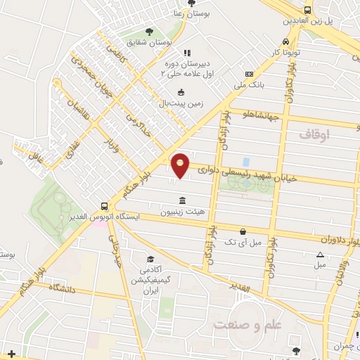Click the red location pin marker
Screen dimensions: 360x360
(x=181, y=165)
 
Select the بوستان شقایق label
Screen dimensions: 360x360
(x=150, y=43)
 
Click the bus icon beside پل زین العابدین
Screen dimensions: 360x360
(x=307, y=10)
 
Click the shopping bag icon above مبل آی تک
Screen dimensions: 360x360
(x=243, y=231)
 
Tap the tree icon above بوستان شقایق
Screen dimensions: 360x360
(x=149, y=32)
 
